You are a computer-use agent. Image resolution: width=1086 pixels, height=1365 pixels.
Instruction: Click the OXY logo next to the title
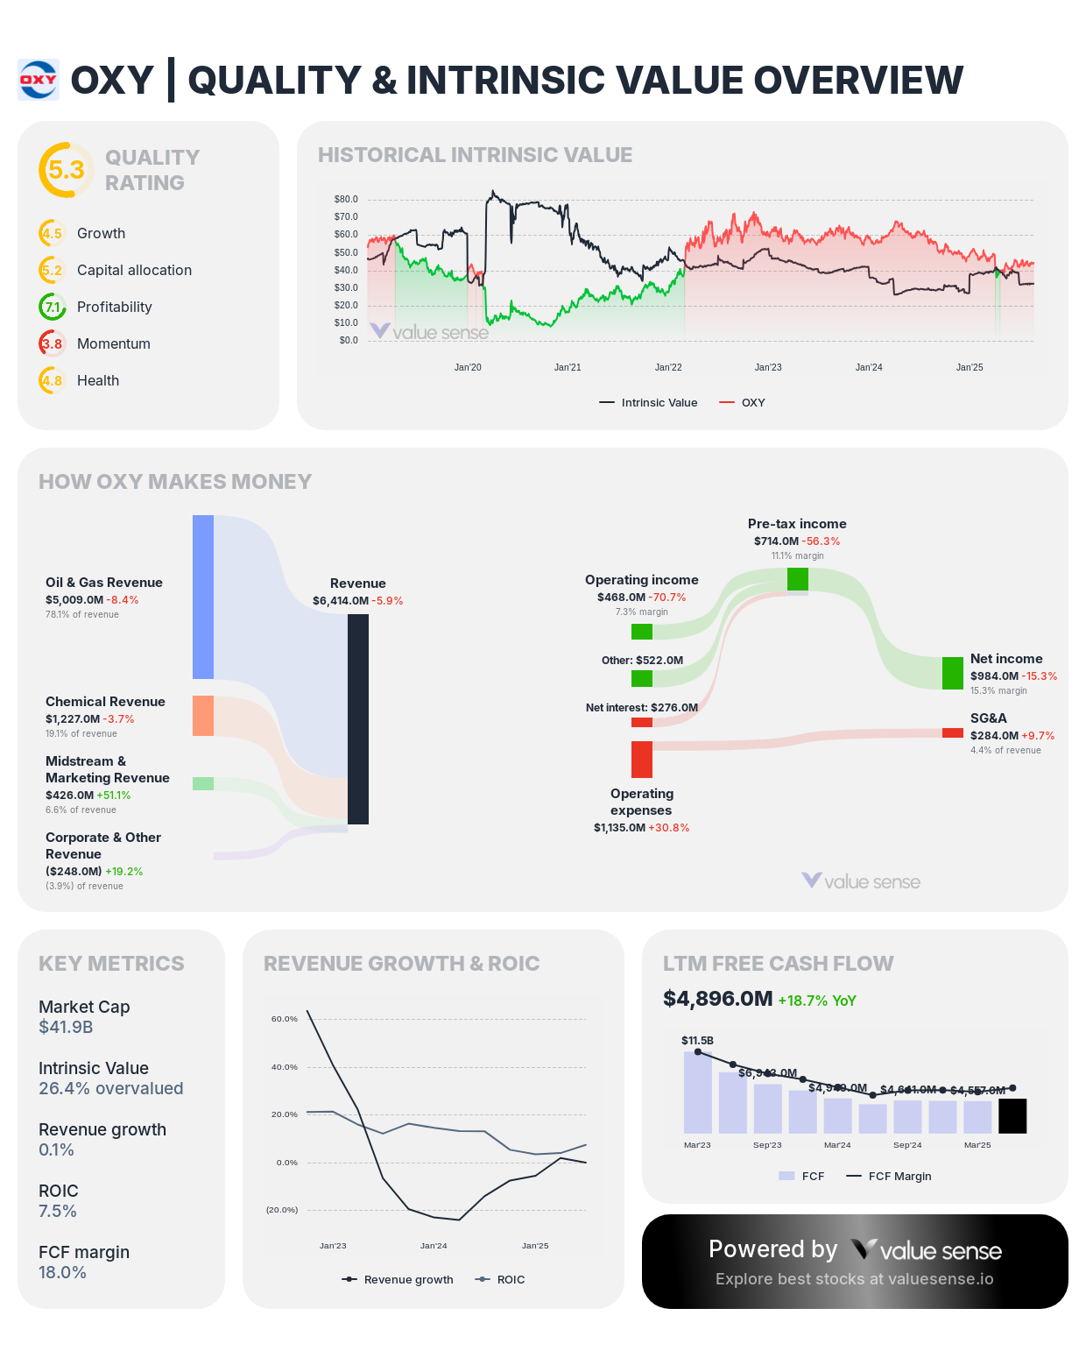coord(39,80)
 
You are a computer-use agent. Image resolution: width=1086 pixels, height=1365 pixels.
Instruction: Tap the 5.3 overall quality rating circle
coord(66,170)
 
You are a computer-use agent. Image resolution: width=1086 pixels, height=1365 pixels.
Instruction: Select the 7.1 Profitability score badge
coord(53,307)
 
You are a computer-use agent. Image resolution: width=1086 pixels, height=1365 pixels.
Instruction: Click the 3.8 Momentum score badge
coord(53,343)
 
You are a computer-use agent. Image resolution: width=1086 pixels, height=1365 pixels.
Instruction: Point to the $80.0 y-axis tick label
coord(346,199)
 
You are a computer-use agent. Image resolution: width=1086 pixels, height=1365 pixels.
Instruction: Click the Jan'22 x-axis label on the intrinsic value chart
coord(668,367)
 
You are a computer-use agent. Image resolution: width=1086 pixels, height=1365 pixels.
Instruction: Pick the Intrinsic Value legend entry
coord(648,403)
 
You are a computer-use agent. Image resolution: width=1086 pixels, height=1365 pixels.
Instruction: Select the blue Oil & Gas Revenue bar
coord(203,597)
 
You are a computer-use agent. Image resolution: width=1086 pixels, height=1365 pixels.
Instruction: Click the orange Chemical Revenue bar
coord(203,716)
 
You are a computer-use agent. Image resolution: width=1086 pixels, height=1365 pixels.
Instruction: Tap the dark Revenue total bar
coord(358,718)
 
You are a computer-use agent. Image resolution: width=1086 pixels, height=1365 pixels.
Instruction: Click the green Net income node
coord(953,673)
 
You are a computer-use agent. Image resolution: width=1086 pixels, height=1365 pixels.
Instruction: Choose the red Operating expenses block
coord(642,759)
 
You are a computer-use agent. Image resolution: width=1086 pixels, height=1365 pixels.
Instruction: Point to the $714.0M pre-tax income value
coord(776,541)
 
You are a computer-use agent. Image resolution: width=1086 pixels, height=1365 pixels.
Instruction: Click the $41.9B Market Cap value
coord(66,1027)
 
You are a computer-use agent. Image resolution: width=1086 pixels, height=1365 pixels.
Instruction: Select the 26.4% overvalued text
coord(111,1088)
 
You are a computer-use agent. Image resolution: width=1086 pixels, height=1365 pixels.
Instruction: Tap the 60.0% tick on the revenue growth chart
coord(285,1019)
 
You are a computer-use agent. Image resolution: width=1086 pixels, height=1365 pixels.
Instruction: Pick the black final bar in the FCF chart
coord(1012,1116)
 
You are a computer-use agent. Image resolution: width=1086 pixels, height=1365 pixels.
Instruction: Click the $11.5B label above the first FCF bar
coord(697,1040)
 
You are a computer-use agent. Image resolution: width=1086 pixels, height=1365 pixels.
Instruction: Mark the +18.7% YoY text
coord(816,1001)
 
